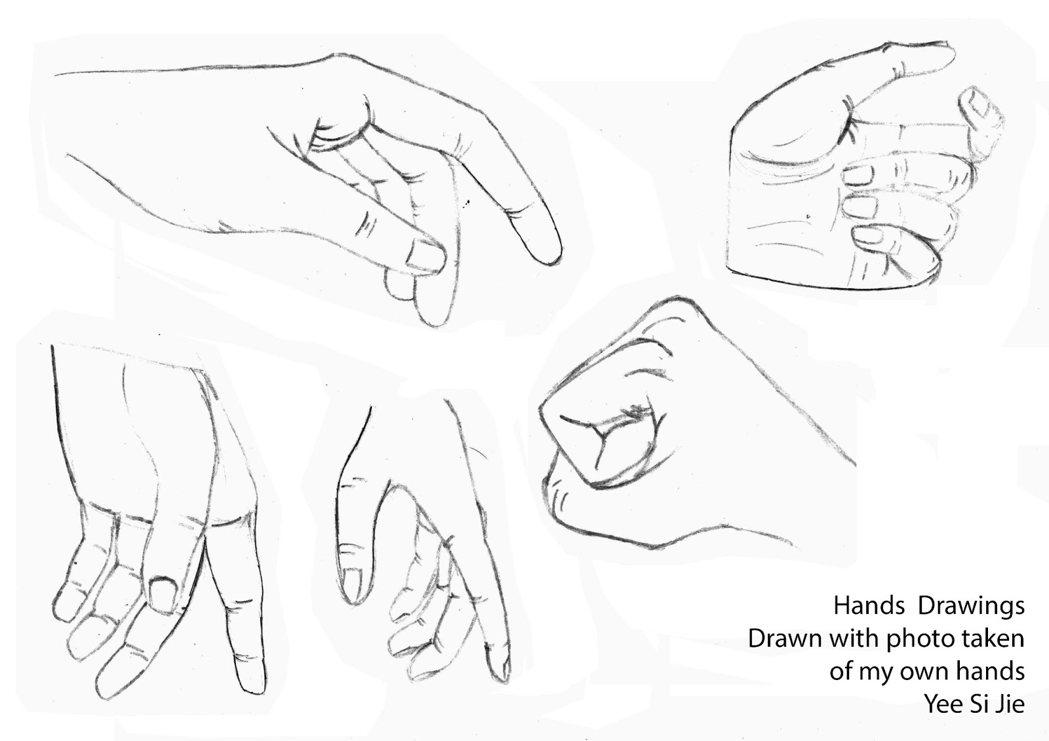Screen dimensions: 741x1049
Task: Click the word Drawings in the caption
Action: point(971,607)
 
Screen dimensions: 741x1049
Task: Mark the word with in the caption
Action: point(849,638)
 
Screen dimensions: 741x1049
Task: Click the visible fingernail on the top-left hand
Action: point(425,256)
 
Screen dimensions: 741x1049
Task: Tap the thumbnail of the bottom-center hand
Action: point(352,583)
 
